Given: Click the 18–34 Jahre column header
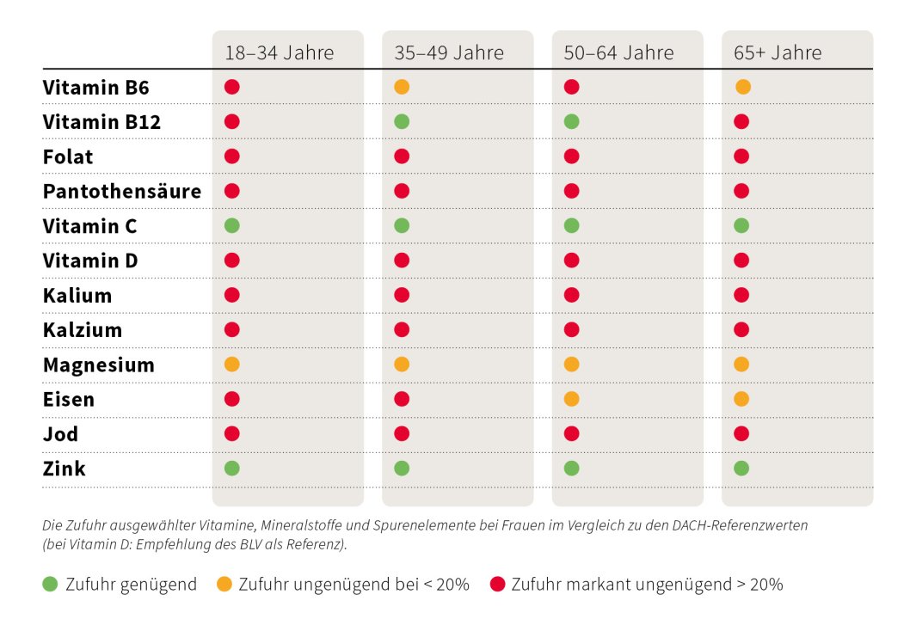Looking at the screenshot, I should click(x=279, y=52).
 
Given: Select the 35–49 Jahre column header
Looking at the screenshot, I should click(x=449, y=52).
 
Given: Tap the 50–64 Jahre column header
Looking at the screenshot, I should click(x=618, y=52).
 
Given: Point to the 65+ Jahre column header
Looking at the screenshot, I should click(x=778, y=52).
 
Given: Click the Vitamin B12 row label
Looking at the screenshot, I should click(x=101, y=122).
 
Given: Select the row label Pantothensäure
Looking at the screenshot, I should click(x=121, y=192).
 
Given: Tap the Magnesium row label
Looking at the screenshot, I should click(x=98, y=365).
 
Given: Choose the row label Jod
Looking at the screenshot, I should click(x=60, y=434).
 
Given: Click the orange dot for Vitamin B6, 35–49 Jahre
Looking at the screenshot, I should click(x=402, y=87).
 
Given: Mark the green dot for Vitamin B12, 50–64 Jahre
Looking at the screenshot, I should click(x=571, y=122).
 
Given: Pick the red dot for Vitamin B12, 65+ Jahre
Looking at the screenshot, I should click(x=741, y=122).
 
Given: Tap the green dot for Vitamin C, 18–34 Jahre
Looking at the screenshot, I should click(x=231, y=226).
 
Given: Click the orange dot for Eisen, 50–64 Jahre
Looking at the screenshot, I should click(x=571, y=399).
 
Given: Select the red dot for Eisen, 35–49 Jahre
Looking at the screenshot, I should click(x=402, y=399).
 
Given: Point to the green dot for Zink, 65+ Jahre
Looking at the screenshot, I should click(x=741, y=469).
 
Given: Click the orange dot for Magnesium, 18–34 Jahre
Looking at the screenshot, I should click(x=231, y=365).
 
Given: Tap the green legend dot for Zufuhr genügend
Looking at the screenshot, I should click(x=51, y=585).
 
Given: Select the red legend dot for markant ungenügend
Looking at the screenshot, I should click(x=496, y=585).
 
